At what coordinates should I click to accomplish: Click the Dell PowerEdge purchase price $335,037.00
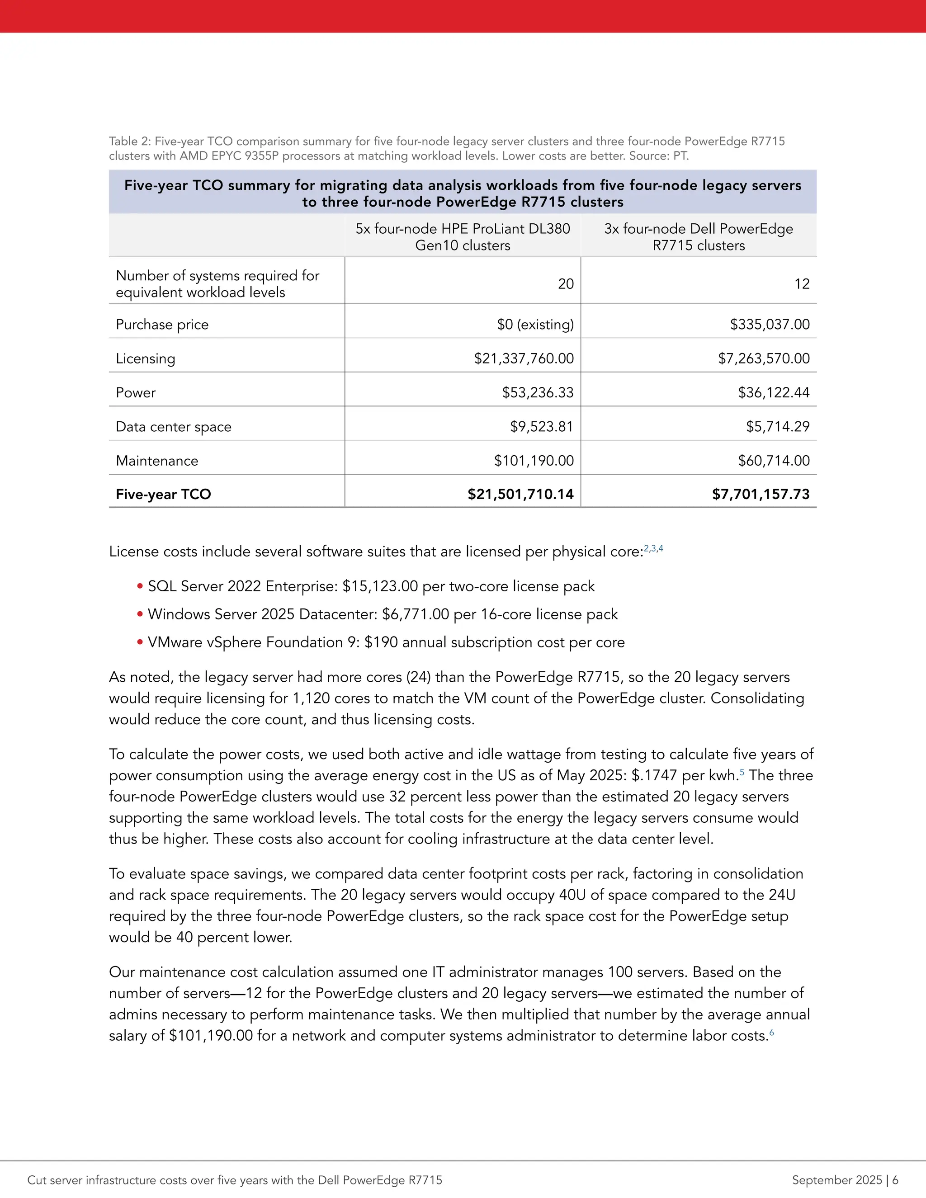769,324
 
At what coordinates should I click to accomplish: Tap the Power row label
136,393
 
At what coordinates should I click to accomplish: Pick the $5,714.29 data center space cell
777,426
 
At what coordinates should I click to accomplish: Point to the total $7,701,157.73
761,494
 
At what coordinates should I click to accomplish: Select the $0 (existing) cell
535,324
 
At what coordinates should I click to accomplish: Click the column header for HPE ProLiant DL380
463,236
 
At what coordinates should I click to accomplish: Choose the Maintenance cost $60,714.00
774,460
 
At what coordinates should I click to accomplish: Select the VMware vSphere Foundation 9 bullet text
386,642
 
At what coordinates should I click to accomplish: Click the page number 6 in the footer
895,1180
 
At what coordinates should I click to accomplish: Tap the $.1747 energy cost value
654,775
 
